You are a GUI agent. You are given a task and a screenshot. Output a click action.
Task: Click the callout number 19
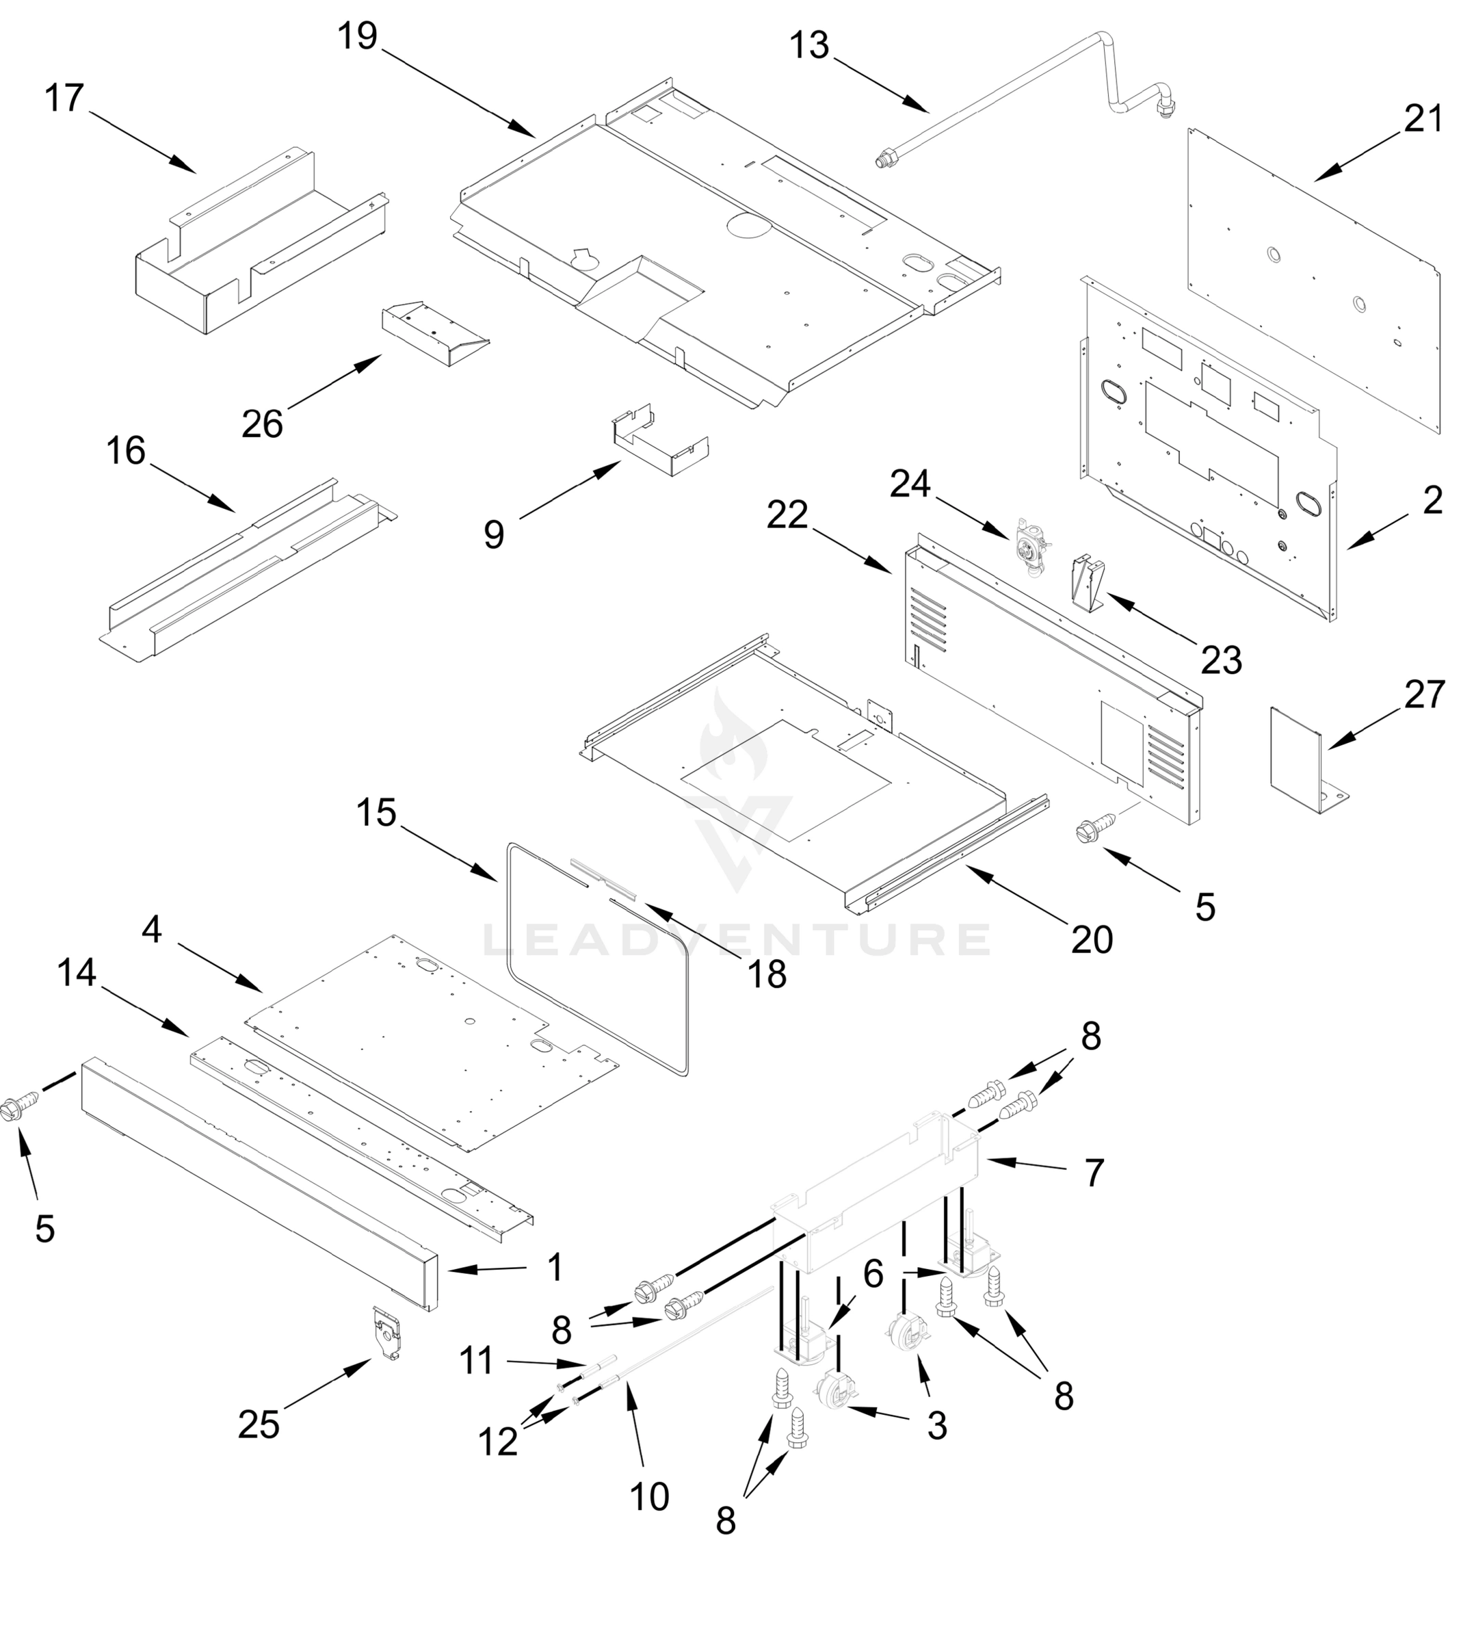pyautogui.click(x=357, y=36)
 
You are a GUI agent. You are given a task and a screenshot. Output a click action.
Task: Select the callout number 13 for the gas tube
pyautogui.click(x=809, y=46)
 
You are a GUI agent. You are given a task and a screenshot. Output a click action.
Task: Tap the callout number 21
pyautogui.click(x=1423, y=120)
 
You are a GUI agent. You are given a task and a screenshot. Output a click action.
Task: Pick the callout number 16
pyautogui.click(x=126, y=451)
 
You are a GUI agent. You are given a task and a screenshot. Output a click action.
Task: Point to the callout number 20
pyautogui.click(x=1092, y=939)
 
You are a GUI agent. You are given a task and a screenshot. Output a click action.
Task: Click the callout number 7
pyautogui.click(x=1094, y=1172)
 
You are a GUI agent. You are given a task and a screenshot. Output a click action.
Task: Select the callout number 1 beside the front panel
pyautogui.click(x=555, y=1268)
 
